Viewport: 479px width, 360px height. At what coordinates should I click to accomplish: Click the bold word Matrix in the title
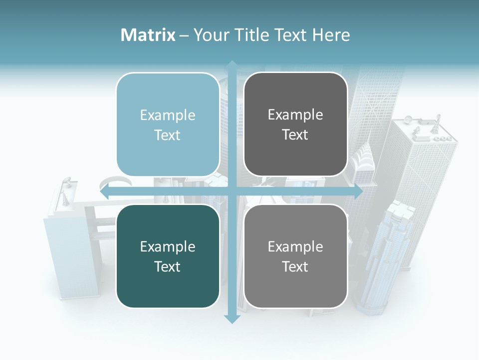148,35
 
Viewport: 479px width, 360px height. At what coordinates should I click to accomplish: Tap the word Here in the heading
331,35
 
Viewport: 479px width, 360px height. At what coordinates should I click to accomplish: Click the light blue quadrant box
168,124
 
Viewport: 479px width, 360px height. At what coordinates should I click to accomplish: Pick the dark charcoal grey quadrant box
295,124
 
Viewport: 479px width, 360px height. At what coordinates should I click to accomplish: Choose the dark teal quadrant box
168,256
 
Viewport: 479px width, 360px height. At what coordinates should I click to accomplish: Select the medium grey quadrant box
295,256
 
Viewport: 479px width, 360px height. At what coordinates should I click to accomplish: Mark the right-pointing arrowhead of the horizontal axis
358,192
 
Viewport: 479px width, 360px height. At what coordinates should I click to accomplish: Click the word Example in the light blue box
168,115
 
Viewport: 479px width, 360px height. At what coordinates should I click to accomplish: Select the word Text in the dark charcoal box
295,135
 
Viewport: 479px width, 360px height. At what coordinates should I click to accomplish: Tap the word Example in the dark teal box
168,246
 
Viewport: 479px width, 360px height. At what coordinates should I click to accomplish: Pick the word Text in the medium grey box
295,266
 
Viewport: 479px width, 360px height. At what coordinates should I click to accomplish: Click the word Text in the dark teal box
168,266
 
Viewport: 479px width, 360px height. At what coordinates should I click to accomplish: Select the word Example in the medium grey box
295,246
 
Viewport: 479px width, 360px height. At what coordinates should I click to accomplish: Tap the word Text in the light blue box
168,135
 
